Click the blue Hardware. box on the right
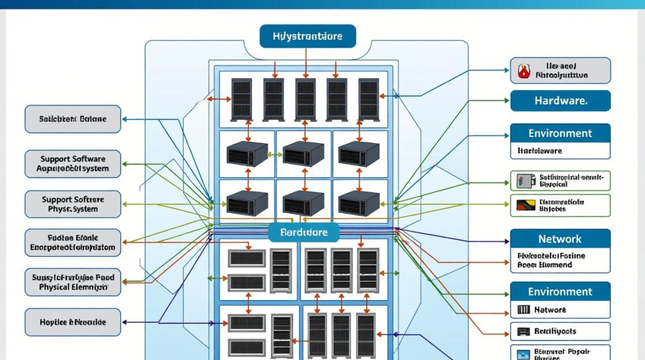pos(560,101)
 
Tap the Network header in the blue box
pos(560,239)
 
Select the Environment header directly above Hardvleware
pos(560,133)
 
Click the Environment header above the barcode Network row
pos(560,292)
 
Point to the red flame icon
pos(523,72)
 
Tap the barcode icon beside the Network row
pos(523,310)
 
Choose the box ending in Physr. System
pos(73,204)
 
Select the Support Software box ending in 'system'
pos(73,164)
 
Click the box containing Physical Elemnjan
pos(73,282)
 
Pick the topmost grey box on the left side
pos(73,119)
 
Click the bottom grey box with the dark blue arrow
pos(73,323)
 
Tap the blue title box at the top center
pos(308,36)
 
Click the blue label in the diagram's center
pos(303,232)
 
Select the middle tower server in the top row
pos(305,99)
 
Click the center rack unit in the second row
pos(303,154)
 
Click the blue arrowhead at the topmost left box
pos(124,119)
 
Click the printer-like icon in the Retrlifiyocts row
pos(523,331)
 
